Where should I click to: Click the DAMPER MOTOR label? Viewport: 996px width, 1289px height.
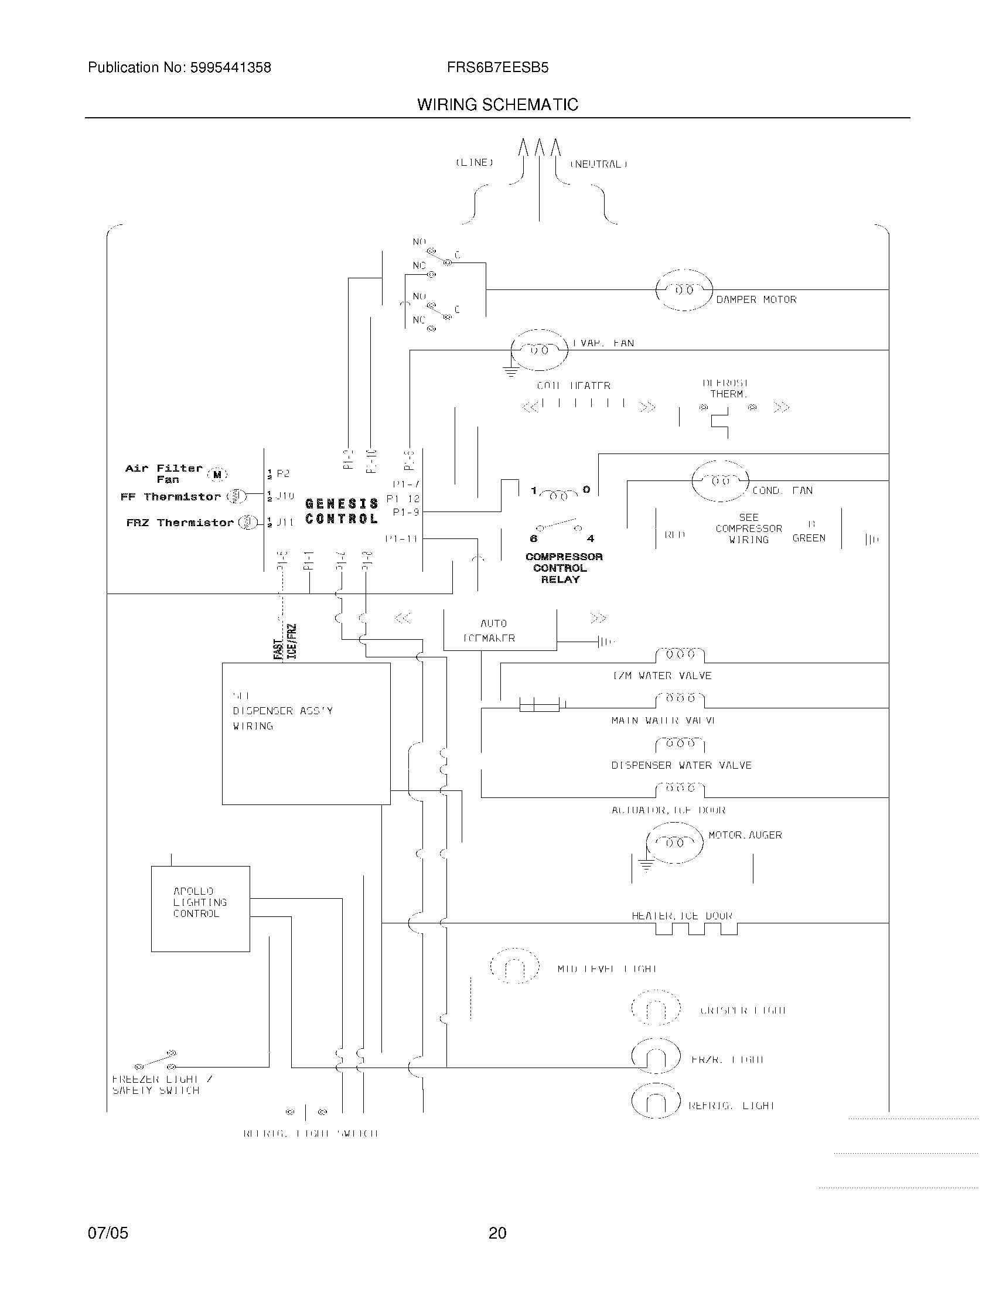click(756, 300)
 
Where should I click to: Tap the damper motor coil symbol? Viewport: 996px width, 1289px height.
click(684, 290)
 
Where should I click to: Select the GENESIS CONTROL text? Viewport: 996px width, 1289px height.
click(342, 511)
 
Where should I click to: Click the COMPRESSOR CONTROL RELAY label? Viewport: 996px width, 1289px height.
click(564, 568)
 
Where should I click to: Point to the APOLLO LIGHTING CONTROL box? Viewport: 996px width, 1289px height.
click(200, 908)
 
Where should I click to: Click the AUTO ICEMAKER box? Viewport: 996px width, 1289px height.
click(499, 630)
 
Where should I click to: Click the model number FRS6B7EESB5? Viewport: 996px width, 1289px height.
click(497, 68)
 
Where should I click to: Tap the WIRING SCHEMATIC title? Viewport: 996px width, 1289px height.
click(497, 105)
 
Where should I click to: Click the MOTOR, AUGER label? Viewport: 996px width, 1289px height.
click(745, 835)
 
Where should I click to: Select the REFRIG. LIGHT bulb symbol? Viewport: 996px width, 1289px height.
click(656, 1102)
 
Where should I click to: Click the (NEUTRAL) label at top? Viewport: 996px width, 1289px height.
click(598, 164)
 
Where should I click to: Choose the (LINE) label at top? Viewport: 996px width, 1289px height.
click(474, 162)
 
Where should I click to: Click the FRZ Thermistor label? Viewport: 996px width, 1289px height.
click(180, 523)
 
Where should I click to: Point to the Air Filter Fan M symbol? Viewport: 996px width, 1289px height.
click(217, 474)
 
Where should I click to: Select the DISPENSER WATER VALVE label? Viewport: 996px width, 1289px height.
click(681, 766)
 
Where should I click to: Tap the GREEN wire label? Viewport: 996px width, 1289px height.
click(809, 538)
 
